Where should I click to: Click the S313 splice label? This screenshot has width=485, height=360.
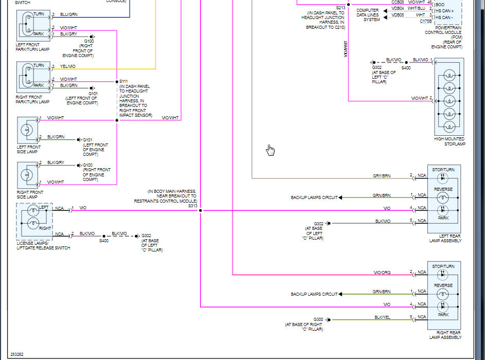192,206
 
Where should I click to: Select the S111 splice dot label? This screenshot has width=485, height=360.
124,82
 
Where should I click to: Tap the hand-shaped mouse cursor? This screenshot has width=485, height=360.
271,150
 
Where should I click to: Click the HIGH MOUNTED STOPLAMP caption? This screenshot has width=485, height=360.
449,141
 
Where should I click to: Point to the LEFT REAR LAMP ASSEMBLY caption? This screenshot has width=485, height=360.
445,238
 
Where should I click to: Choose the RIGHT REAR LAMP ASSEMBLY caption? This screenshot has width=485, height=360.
445,335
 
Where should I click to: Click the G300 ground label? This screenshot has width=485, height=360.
318,319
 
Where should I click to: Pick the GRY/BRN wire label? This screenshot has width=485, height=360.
382,176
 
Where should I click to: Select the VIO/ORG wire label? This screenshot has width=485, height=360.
382,272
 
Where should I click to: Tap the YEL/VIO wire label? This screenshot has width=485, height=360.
68,66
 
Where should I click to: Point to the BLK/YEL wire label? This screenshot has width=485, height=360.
382,317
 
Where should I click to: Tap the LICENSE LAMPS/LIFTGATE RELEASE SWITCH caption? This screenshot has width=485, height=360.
43,245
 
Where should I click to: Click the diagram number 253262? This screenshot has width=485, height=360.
16,354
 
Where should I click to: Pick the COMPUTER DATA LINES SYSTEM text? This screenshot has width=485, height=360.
368,15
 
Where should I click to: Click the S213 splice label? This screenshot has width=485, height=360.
341,8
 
